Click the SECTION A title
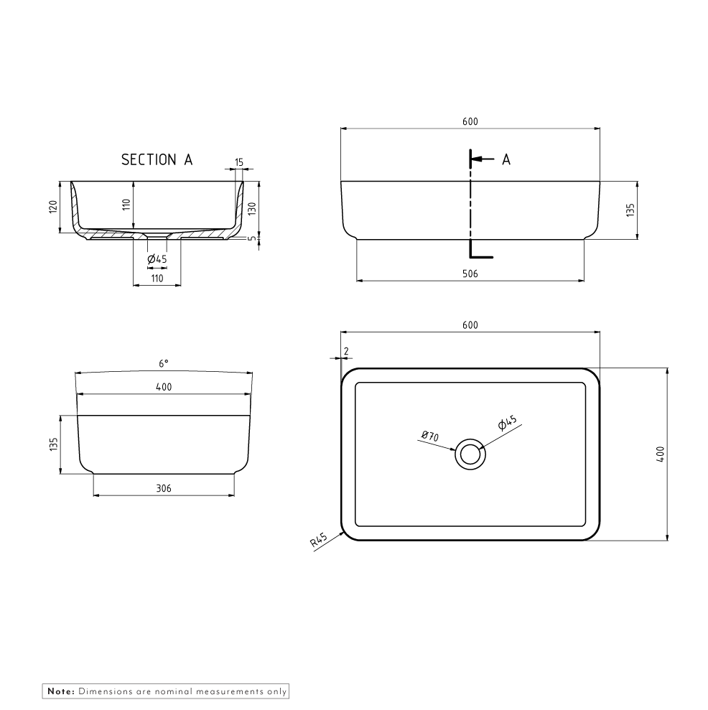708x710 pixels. [x=157, y=159]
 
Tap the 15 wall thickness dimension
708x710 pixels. [x=238, y=164]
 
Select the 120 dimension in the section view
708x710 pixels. [x=52, y=207]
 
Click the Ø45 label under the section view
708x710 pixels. [x=157, y=258]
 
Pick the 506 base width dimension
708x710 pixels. [x=470, y=274]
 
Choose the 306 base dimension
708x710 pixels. [x=163, y=488]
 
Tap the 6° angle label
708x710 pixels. [x=164, y=365]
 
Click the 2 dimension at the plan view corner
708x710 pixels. [x=346, y=350]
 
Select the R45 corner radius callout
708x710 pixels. [x=319, y=541]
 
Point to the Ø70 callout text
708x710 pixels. [x=430, y=436]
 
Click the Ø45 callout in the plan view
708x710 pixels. [x=508, y=424]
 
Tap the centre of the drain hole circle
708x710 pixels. [x=470, y=454]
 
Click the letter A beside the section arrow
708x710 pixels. [x=506, y=160]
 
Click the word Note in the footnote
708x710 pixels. [x=60, y=691]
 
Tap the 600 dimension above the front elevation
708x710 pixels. [x=470, y=122]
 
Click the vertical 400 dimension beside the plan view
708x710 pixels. [x=661, y=454]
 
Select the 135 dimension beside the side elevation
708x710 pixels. [x=52, y=444]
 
